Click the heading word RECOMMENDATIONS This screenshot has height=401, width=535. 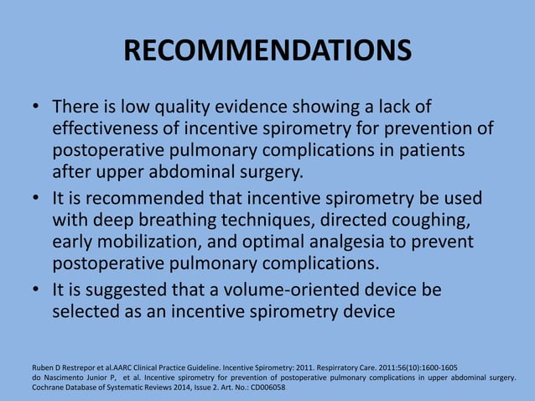pyautogui.click(x=267, y=51)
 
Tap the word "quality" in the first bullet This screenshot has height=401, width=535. pyautogui.click(x=179, y=108)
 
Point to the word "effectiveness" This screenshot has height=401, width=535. pyautogui.click(x=106, y=130)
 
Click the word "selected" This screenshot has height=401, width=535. pyautogui.click(x=87, y=311)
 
